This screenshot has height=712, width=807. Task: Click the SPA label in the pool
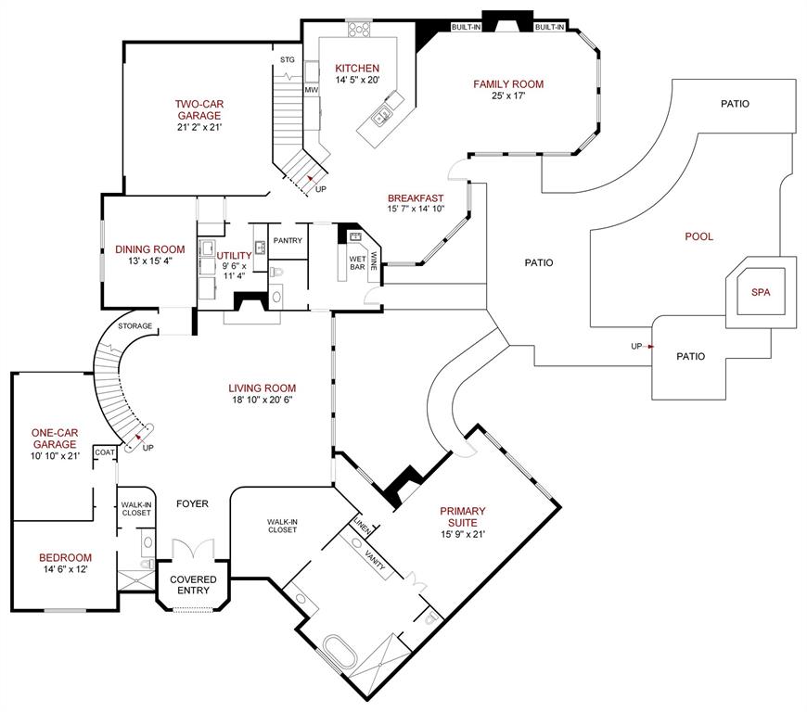coord(760,292)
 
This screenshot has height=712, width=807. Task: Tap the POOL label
coord(698,236)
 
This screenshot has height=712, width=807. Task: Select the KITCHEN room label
coord(357,68)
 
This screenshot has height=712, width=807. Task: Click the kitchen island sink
coord(381,116)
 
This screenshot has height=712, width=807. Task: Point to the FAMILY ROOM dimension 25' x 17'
coord(507,96)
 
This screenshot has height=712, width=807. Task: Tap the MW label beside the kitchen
coord(312,90)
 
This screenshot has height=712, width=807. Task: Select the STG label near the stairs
coord(288,59)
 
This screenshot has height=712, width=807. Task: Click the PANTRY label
coord(288,240)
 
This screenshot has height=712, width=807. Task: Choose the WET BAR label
coord(356,263)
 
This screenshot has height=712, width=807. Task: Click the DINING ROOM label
coord(149,249)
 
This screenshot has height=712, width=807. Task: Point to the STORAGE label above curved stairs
coord(134,326)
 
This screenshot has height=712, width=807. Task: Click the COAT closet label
coord(105,452)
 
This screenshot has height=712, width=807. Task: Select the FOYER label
coord(193,503)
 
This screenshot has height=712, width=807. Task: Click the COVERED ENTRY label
coord(193,585)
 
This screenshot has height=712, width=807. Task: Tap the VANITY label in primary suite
coord(376,561)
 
